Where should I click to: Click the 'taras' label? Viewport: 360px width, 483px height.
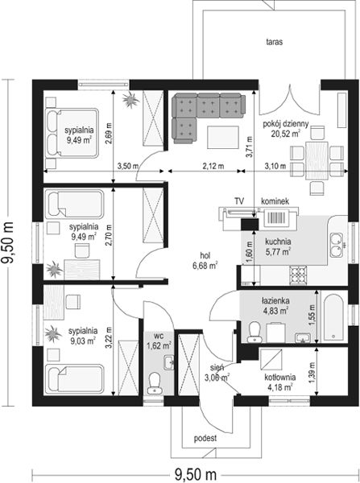(x=275, y=42)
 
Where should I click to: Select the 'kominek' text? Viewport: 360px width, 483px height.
(x=275, y=201)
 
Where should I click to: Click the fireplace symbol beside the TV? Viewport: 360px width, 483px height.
(x=276, y=217)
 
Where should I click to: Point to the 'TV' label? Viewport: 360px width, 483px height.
(x=239, y=201)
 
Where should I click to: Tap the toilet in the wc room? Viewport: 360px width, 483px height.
(x=154, y=382)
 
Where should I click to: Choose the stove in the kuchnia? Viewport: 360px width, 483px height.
(x=298, y=275)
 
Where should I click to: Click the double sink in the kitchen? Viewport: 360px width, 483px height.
(x=337, y=246)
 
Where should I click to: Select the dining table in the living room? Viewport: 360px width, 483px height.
(x=317, y=160)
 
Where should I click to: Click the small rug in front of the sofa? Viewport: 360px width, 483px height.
(x=223, y=138)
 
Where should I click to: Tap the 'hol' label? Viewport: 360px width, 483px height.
(x=205, y=255)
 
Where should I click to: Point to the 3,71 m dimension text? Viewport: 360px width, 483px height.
(x=249, y=147)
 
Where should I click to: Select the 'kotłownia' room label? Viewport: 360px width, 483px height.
(x=280, y=377)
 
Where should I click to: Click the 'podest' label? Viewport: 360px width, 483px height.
(x=205, y=438)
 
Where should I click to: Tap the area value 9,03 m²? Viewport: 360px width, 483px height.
(x=83, y=341)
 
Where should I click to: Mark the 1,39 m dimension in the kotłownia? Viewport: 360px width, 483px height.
(x=312, y=371)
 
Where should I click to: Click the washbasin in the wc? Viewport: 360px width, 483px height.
(x=169, y=361)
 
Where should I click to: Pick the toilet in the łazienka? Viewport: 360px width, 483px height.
(x=254, y=332)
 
